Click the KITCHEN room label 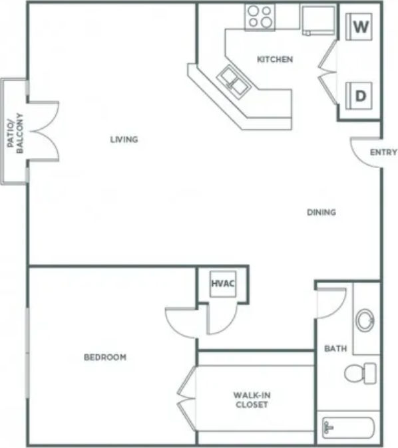pos(274,60)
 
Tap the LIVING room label pos(124,140)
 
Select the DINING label pos(321,213)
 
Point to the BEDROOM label pos(104,358)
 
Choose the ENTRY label pos(383,152)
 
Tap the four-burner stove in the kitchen pos(260,17)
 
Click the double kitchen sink pos(233,80)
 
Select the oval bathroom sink pos(365,321)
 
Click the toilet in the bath pos(361,372)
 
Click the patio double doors pos(43,130)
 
